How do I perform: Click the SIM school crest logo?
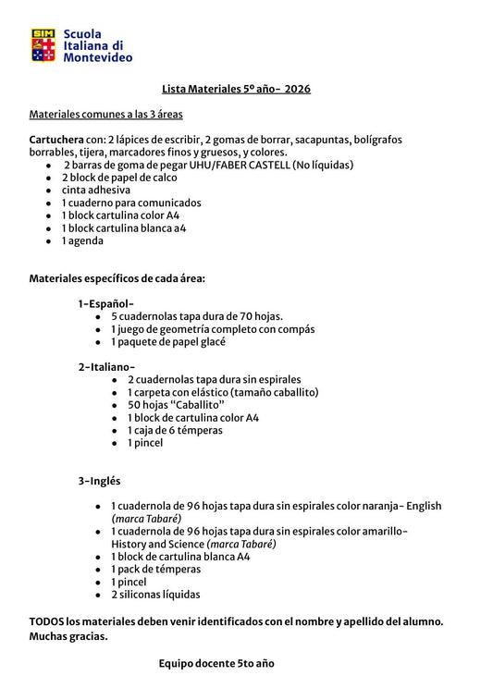coord(43,45)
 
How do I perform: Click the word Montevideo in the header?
coord(97,57)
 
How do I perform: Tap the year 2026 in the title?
coord(297,89)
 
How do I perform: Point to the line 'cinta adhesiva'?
coord(96,190)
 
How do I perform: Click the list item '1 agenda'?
coord(82,240)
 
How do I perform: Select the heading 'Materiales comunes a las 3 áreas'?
coord(105,115)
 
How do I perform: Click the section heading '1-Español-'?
coord(106,303)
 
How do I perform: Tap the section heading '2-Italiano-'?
coord(107,367)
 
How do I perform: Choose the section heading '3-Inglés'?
coord(100,481)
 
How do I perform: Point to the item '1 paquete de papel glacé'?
coord(168,341)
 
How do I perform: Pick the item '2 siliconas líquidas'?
coord(155,595)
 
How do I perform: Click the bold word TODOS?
coord(47,621)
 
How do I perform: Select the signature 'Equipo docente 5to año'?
coord(216,663)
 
